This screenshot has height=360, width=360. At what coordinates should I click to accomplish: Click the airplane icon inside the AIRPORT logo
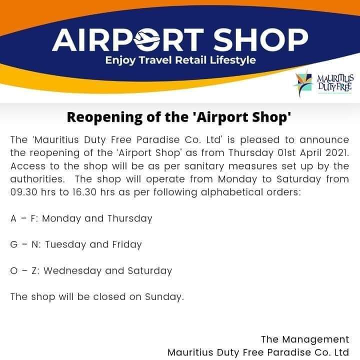coord(147,39)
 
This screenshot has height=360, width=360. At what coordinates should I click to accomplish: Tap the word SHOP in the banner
coord(261,40)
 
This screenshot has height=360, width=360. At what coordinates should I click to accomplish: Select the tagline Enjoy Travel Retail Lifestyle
coord(180,60)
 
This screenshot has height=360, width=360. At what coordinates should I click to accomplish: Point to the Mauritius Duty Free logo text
coord(335,82)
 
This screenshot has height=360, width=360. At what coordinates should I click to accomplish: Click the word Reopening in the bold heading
coord(104,118)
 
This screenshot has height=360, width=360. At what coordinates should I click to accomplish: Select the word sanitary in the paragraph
coord(204,166)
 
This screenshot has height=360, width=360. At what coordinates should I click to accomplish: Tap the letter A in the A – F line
coord(13,218)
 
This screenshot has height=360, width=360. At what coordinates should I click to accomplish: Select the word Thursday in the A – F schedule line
coord(129,218)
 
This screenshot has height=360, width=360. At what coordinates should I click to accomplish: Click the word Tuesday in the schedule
coord(65,244)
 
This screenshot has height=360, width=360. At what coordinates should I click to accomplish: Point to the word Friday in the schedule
coord(127,244)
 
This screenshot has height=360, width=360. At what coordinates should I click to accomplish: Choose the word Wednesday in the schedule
coord(72,270)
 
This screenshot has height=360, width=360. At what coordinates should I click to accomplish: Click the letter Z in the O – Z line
coord(34,271)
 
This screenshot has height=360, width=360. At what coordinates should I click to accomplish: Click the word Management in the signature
coord(315,339)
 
